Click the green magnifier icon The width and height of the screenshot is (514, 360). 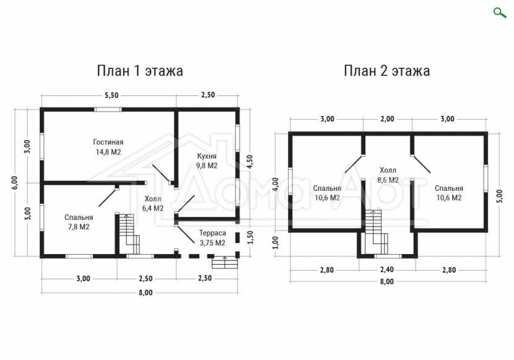tap(500, 13)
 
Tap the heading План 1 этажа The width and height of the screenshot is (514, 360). tap(139, 71)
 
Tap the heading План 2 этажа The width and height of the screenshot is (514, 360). tap(387, 71)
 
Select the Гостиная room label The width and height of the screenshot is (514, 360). tap(108, 143)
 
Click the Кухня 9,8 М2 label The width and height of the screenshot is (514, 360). tap(207, 161)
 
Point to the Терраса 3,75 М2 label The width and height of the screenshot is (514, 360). tap(212, 238)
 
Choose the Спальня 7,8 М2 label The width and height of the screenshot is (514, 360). tap(79, 222)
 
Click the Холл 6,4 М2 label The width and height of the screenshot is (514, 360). tap(153, 204)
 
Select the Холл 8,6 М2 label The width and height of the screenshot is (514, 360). tap(388, 175)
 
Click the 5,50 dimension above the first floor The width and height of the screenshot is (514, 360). tap(111, 95)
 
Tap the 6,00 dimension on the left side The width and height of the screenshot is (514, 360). tap(15, 183)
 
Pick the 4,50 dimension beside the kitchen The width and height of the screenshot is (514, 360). tap(250, 162)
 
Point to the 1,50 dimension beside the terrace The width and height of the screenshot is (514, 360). tap(250, 237)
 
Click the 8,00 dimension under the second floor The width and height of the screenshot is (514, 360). tap(387, 282)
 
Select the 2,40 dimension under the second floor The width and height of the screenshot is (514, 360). tap(387, 270)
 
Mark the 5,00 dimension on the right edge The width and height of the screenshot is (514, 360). tap(500, 196)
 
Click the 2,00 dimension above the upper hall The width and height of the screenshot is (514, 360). tap(387, 119)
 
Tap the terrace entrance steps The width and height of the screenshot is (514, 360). tap(225, 262)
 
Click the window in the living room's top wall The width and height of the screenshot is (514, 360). tap(108, 110)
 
